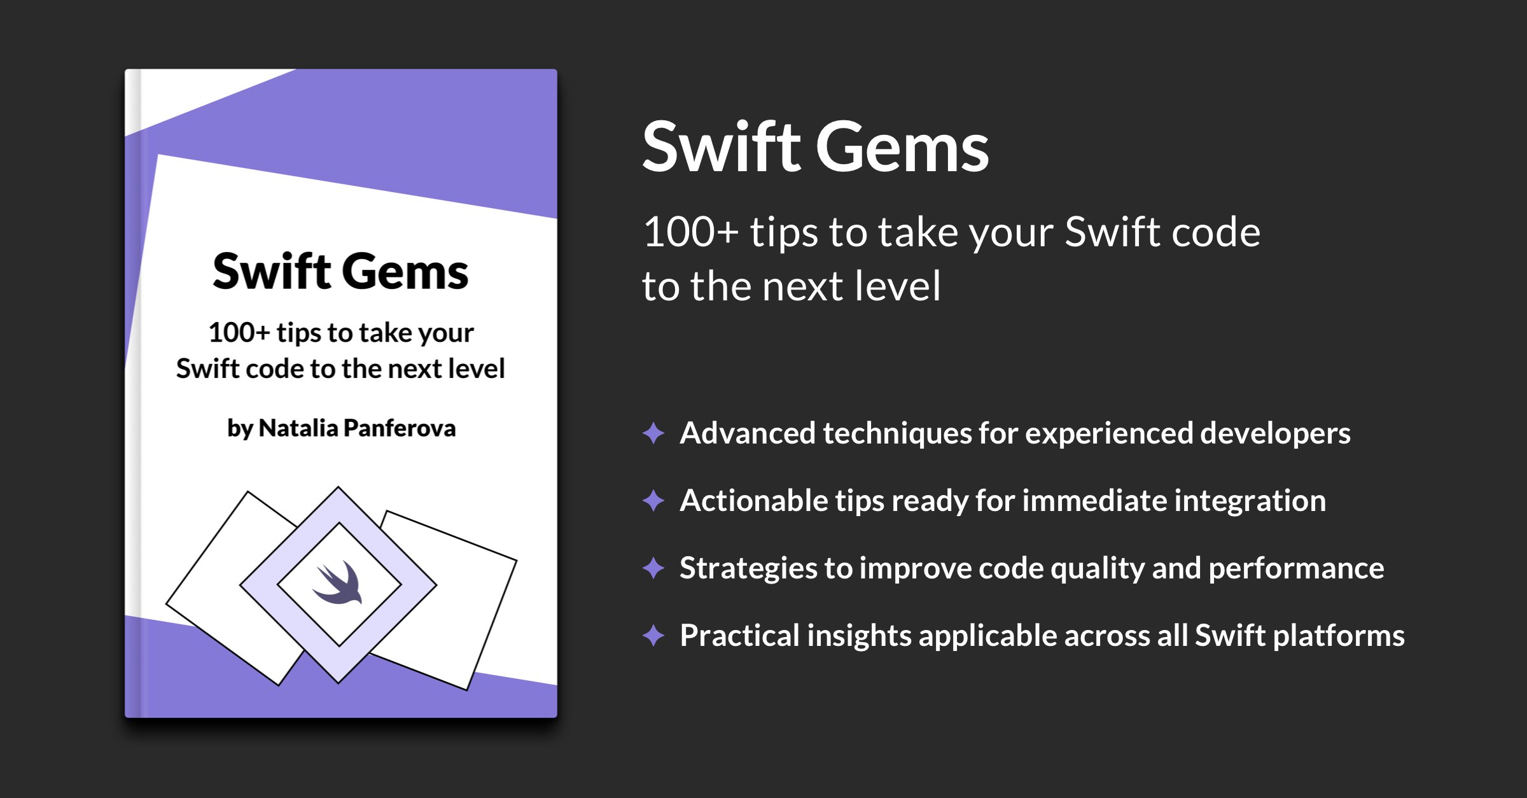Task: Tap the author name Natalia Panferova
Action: [x=357, y=428]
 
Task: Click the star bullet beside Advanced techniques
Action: [x=653, y=433]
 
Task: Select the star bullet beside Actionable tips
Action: [x=653, y=501]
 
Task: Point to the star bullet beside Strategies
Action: [x=653, y=568]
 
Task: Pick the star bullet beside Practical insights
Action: [x=653, y=635]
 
